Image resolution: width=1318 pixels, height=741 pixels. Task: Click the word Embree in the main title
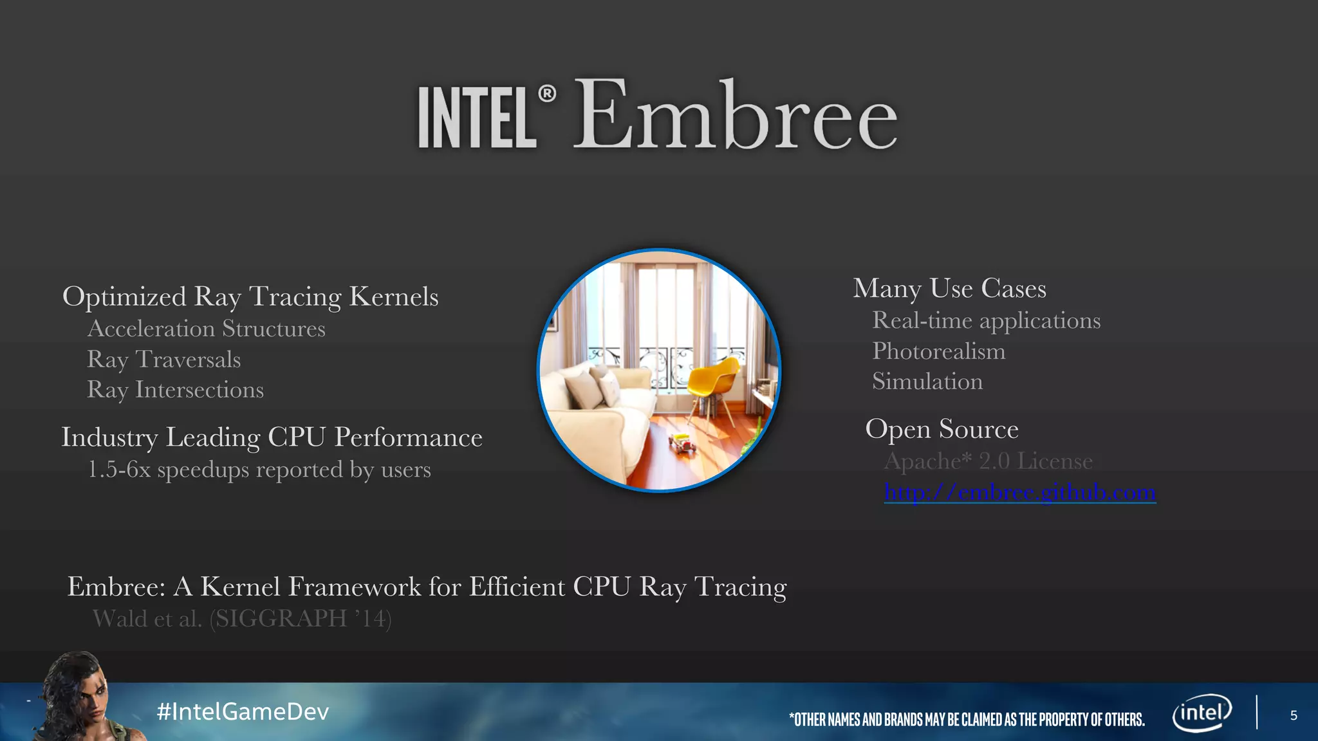(735, 116)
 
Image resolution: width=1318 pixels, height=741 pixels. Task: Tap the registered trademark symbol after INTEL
(547, 94)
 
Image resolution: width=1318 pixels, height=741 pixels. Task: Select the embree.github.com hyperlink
(1020, 492)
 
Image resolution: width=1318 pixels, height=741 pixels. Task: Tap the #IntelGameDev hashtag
(243, 711)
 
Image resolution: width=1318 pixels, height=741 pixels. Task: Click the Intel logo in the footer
(1202, 713)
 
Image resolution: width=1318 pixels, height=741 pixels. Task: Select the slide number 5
(1294, 715)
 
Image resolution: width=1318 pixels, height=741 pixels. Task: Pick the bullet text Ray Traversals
(164, 360)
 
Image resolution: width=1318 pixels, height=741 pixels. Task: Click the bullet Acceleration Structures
(207, 329)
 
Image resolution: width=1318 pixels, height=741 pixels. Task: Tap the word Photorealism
(938, 351)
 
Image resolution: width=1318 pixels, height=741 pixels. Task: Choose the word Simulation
(927, 381)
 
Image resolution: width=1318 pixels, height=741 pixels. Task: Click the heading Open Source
(942, 429)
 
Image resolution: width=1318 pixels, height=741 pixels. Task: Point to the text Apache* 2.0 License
(988, 461)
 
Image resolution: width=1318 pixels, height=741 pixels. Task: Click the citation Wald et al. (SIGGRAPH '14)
(242, 618)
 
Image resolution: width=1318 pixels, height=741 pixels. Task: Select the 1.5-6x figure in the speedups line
(119, 470)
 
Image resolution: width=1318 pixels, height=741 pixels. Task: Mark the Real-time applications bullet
(986, 320)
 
